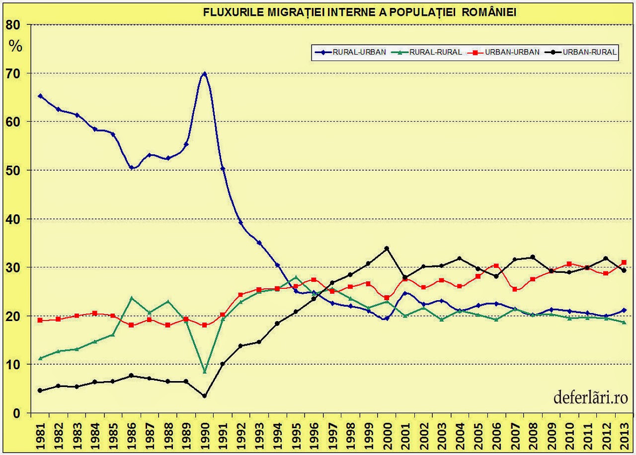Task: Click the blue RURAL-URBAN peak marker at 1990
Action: [x=204, y=74]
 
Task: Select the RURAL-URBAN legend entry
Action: [x=350, y=52]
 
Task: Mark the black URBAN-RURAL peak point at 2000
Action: [x=387, y=248]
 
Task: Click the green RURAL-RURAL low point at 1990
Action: [x=204, y=371]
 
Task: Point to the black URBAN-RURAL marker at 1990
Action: [x=204, y=396]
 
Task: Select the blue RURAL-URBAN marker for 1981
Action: [x=40, y=96]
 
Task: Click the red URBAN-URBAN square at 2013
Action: [x=624, y=262]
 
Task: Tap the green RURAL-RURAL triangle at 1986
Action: [x=132, y=298]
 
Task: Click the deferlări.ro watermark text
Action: [x=591, y=398]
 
